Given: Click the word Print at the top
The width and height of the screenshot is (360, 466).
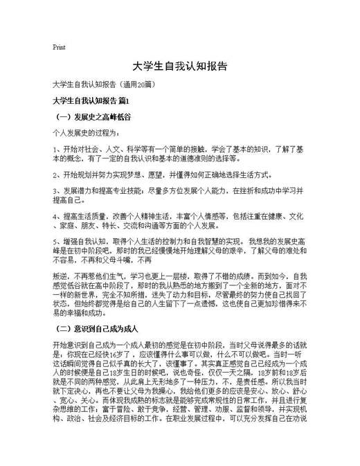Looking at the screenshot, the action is [59, 48].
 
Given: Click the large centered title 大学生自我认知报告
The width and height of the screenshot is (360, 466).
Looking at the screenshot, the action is [179, 68].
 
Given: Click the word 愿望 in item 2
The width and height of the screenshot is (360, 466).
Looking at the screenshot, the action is [156, 175].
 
